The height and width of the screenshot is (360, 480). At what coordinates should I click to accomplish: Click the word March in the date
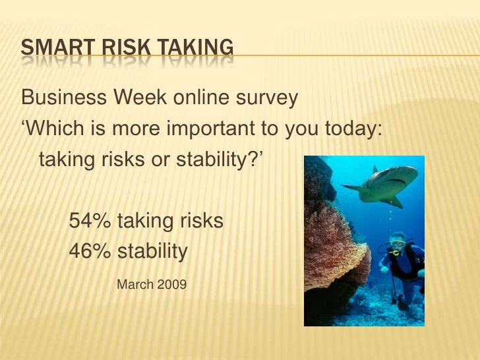pos(134,285)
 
